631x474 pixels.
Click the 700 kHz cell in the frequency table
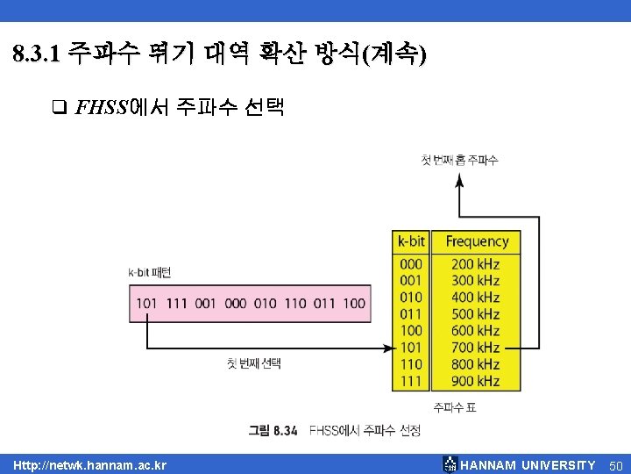(476, 348)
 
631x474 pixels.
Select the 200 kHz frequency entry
(476, 263)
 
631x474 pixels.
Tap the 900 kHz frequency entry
(476, 381)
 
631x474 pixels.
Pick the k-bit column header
(411, 241)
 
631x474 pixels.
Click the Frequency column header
(477, 241)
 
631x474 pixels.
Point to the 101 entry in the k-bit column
(410, 348)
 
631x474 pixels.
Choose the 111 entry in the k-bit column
(410, 381)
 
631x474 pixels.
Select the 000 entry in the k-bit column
(410, 263)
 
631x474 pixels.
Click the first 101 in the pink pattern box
(146, 304)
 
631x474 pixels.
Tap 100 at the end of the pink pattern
(354, 304)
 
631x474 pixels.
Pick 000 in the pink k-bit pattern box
(236, 304)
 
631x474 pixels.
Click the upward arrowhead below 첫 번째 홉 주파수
(458, 180)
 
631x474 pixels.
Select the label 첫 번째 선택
(253, 363)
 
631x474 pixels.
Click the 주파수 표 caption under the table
(455, 406)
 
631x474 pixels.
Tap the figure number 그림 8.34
(273, 430)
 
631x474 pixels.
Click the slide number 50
(614, 464)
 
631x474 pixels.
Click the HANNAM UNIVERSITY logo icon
(450, 463)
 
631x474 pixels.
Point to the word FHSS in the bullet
(102, 108)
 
